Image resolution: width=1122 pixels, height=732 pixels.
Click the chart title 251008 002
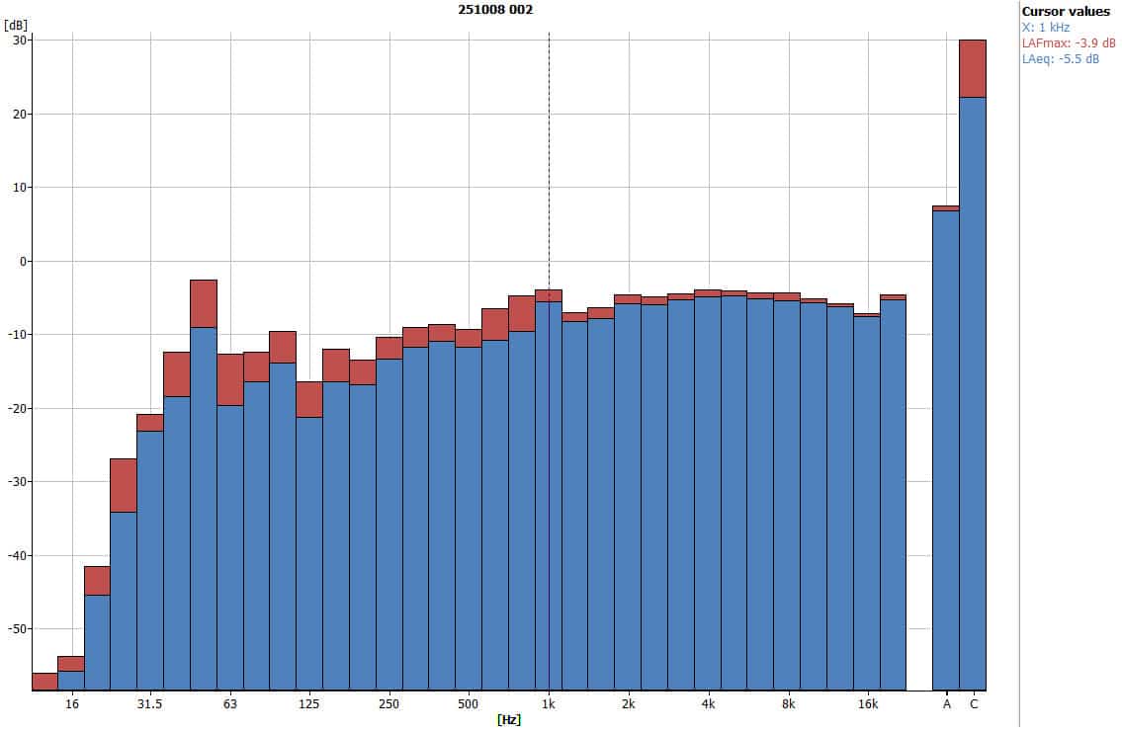pyautogui.click(x=495, y=10)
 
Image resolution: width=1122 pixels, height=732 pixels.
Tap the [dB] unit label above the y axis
pyautogui.click(x=17, y=24)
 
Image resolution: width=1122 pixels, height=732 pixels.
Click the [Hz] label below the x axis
pyautogui.click(x=509, y=720)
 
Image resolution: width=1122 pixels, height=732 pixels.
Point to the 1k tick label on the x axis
pyautogui.click(x=549, y=704)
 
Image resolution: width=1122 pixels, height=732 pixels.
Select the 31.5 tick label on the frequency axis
pyautogui.click(x=149, y=704)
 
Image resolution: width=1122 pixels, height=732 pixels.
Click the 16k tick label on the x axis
pyautogui.click(x=867, y=704)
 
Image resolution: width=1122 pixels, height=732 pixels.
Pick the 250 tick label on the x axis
pyautogui.click(x=388, y=704)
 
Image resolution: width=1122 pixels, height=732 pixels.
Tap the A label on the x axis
pyautogui.click(x=946, y=704)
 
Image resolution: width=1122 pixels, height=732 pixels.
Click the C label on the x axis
pyautogui.click(x=973, y=704)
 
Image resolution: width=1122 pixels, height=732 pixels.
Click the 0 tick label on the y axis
pyautogui.click(x=23, y=261)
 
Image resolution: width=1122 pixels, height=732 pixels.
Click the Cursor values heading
pyautogui.click(x=1066, y=12)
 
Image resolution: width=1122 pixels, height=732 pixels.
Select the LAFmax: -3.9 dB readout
pyautogui.click(x=1068, y=43)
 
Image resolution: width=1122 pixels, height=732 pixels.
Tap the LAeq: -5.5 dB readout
pyautogui.click(x=1060, y=59)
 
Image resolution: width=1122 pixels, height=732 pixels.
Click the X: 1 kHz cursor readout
pyautogui.click(x=1046, y=28)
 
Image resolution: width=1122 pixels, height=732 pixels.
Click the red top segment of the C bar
pyautogui.click(x=973, y=68)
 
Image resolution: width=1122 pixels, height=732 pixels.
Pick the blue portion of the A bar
pyautogui.click(x=946, y=445)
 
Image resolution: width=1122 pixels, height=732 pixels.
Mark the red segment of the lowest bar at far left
pyautogui.click(x=44, y=681)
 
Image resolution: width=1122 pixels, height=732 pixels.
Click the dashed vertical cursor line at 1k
pyautogui.click(x=549, y=148)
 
